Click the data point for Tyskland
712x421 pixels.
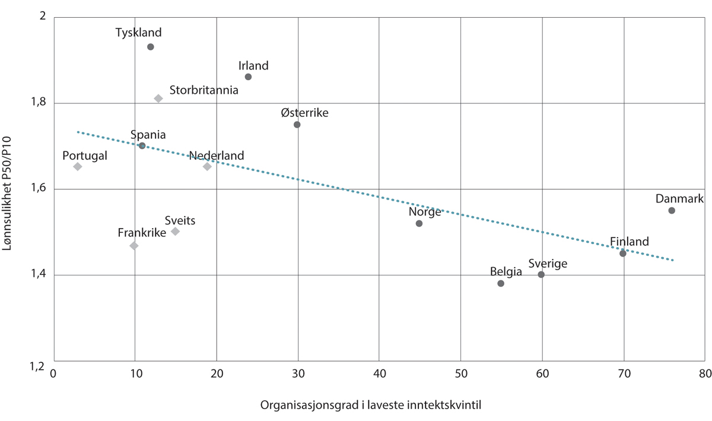coord(151,47)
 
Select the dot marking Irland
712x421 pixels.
coord(248,77)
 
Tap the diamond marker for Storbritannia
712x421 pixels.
coord(158,99)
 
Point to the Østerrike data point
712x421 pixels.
coord(297,125)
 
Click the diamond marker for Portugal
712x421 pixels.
coord(78,167)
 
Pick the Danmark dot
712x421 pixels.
coord(672,211)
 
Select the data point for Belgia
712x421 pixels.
coord(501,283)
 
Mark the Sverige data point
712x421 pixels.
coord(541,274)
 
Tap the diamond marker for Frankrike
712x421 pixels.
coord(134,246)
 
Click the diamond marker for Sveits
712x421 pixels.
coord(175,232)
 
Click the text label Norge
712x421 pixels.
coord(425,212)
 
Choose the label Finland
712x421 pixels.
coord(630,242)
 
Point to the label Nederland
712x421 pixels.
coord(217,156)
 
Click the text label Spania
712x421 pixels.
coord(149,135)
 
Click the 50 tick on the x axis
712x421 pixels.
coord(460,374)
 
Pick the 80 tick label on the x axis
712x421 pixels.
coord(705,374)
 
